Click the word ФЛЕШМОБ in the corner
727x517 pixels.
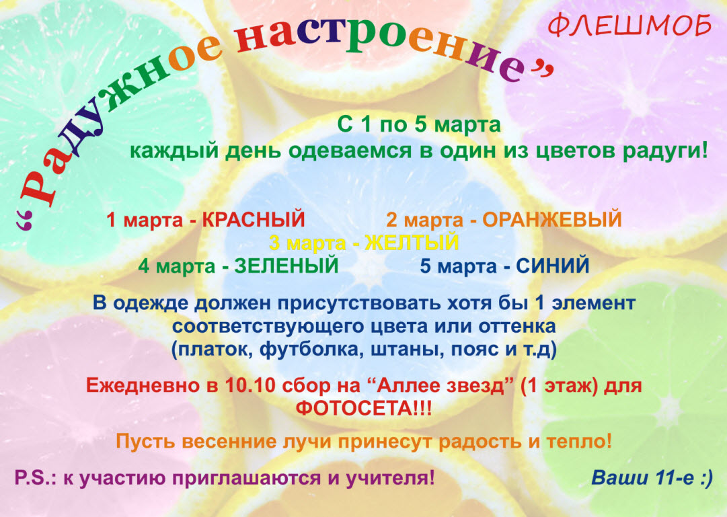tap(629, 26)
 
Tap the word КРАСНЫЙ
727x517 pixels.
tap(254, 219)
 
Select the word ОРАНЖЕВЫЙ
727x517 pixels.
tap(551, 219)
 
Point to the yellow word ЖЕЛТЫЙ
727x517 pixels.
tap(412, 243)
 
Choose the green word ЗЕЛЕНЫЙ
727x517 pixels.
tap(286, 266)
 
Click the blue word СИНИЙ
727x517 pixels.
tap(553, 266)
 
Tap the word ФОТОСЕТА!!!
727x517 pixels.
tap(364, 409)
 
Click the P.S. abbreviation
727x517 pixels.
tap(36, 477)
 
